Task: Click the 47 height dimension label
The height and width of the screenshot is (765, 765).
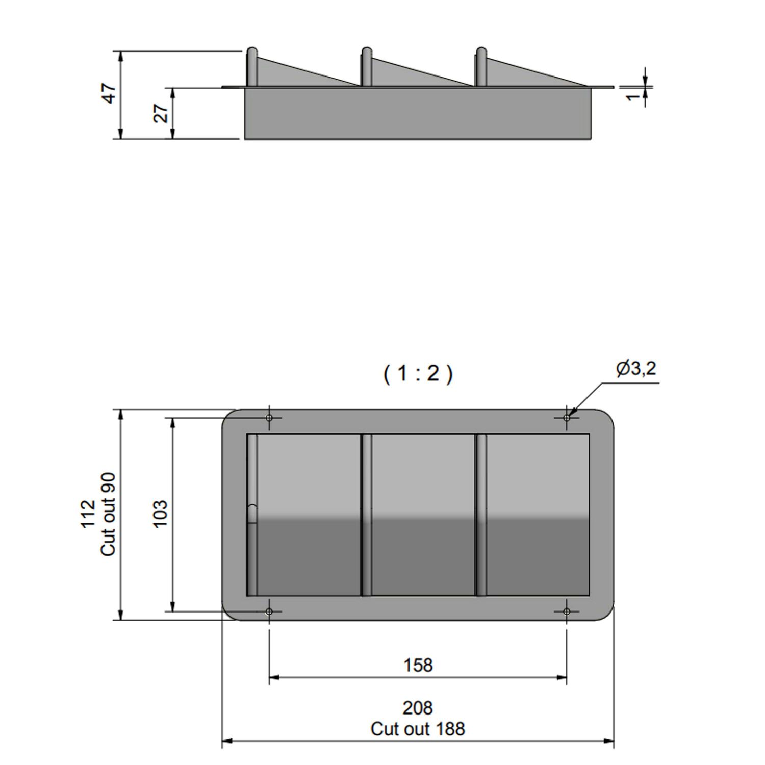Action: click(x=110, y=93)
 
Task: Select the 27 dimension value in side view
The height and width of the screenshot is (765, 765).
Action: click(x=161, y=113)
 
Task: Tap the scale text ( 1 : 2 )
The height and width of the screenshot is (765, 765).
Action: click(x=418, y=374)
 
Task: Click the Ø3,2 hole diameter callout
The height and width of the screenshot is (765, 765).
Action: click(x=636, y=368)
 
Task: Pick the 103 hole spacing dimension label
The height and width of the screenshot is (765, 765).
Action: click(x=160, y=514)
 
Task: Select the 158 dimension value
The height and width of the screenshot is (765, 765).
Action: click(x=418, y=665)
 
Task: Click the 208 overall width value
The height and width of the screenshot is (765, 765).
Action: click(x=418, y=708)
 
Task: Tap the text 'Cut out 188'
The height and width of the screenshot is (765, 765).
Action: click(x=418, y=729)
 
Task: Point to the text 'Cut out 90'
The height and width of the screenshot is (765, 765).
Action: click(x=109, y=514)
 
